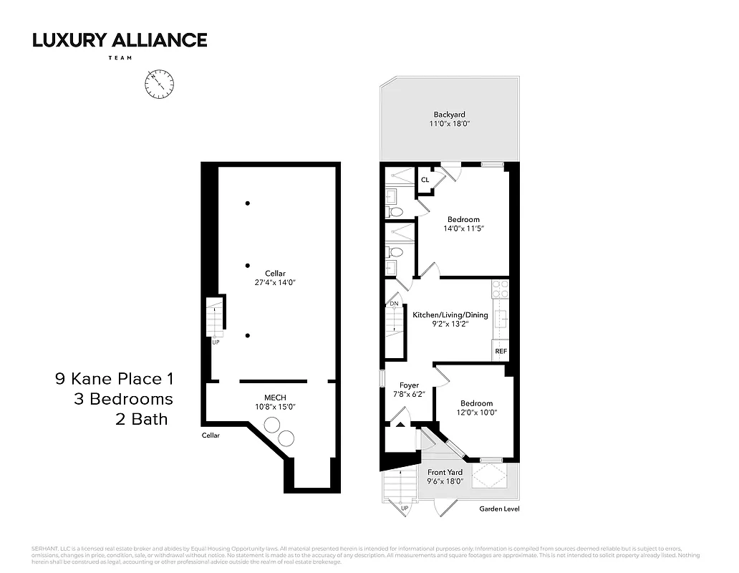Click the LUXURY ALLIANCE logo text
coord(120,40)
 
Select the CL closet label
coord(425,180)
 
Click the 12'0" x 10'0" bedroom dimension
coord(476,413)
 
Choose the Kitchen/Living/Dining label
coord(450,315)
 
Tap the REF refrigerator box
coord(501,352)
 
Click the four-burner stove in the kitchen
coord(500,288)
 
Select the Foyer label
coord(409,385)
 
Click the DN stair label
coord(393,304)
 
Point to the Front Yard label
coord(445,472)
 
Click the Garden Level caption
coord(499,509)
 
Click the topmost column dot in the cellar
coord(248,203)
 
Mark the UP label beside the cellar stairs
coord(216,342)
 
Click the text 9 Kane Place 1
coord(114,378)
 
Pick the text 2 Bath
coord(141,419)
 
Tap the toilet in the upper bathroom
coord(395,211)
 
